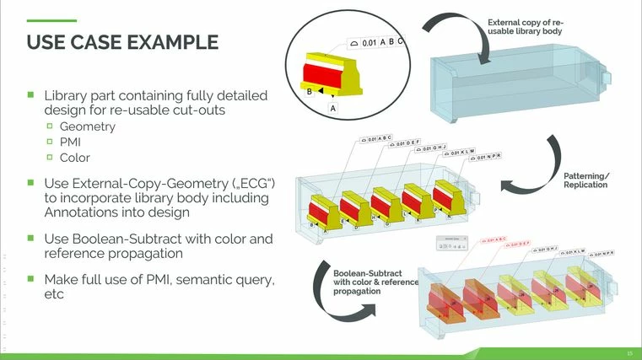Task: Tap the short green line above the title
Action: [52, 21]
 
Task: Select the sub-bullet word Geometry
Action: [87, 127]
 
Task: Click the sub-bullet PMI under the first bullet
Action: [71, 142]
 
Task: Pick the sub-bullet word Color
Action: [74, 158]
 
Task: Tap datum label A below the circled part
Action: [333, 109]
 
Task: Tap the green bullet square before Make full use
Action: [31, 277]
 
